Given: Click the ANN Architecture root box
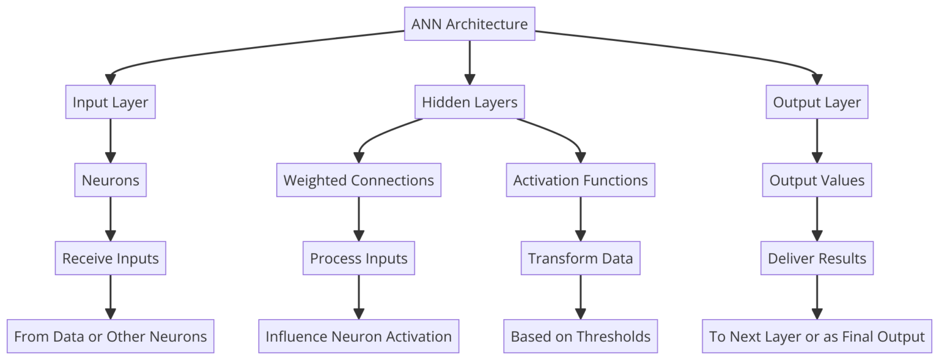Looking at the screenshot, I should [469, 24].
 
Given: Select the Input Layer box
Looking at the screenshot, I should [111, 102].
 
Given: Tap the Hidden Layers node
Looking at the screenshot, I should [469, 102].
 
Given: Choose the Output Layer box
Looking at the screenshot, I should [817, 102].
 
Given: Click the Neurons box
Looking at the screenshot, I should [111, 180].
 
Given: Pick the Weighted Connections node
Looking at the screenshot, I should [359, 180].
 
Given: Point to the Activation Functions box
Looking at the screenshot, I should [580, 180].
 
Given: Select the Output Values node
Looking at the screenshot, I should [817, 180].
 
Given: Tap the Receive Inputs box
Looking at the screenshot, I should [111, 259].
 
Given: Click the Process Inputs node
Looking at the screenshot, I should [359, 259].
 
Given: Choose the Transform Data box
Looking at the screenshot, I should [580, 259].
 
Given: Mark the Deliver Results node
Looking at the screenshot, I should [817, 259].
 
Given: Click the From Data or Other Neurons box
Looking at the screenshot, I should [111, 336].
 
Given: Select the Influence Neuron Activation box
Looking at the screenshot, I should [359, 336].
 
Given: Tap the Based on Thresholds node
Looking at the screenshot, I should [580, 336].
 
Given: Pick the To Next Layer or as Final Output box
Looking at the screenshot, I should [817, 336].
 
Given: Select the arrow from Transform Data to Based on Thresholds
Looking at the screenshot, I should [580, 297].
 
